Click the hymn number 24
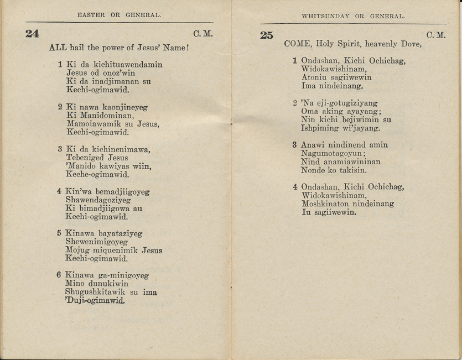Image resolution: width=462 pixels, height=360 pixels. (32, 33)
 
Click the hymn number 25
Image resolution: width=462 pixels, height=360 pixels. (266, 35)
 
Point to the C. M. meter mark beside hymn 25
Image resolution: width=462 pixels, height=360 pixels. (436, 35)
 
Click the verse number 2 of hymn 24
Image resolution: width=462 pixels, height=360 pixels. (60, 107)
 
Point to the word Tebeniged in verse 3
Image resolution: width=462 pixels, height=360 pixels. (85, 158)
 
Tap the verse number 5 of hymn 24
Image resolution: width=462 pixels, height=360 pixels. (59, 233)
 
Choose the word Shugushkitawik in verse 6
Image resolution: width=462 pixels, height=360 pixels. (96, 292)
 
